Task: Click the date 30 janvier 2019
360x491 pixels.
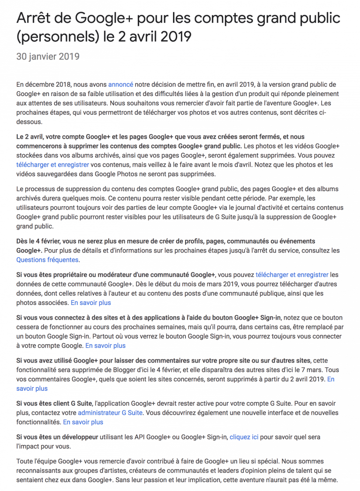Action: [48, 57]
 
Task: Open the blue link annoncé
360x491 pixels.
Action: [120, 84]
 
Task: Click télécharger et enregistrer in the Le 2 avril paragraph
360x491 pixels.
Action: [52, 165]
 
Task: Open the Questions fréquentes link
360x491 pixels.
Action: [47, 260]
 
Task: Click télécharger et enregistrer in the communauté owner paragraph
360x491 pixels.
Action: [292, 275]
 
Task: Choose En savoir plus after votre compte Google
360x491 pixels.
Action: [105, 345]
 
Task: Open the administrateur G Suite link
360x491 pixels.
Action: [110, 413]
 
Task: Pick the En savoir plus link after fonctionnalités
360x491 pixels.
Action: [83, 422]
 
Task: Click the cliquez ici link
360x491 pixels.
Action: [244, 437]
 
